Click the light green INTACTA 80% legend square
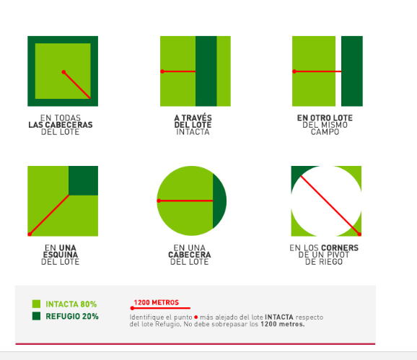(36, 304)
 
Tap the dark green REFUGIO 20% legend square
(36, 316)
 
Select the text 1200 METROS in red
(157, 302)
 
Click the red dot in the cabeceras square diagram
(63, 72)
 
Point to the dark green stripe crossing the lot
(206, 71)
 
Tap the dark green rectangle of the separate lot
(352, 71)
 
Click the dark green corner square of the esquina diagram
(83, 180)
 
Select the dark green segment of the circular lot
(219, 201)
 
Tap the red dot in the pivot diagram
(359, 234)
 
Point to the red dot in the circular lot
(159, 201)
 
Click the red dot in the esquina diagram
(30, 234)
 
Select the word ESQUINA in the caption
(61, 255)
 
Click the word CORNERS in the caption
(341, 247)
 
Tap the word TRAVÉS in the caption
(197, 118)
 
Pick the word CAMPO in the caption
(325, 132)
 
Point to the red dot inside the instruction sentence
(196, 317)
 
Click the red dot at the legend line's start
(132, 308)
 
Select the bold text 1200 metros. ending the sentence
(282, 324)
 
